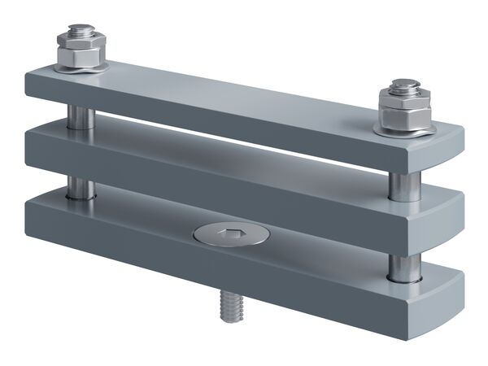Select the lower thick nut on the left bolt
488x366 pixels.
coord(81,56)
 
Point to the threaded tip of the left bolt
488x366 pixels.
coord(79,31)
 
